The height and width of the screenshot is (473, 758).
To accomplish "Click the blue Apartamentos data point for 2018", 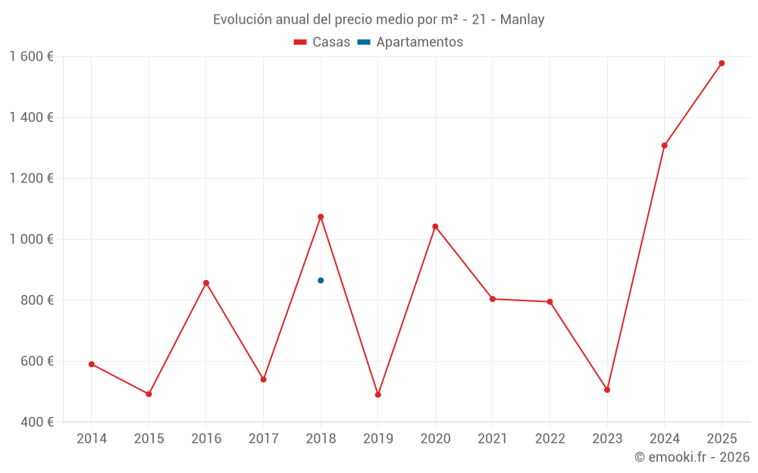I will pyautogui.click(x=321, y=281).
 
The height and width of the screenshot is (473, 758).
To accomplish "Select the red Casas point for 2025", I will pyautogui.click(x=722, y=64).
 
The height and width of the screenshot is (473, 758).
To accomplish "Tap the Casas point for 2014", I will pyautogui.click(x=92, y=364).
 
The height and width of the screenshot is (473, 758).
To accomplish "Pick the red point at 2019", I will pyautogui.click(x=377, y=395).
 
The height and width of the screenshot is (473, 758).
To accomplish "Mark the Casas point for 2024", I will pyautogui.click(x=665, y=145).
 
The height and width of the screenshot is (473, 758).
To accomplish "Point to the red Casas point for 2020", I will pyautogui.click(x=435, y=226).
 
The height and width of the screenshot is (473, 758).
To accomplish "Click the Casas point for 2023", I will pyautogui.click(x=607, y=390).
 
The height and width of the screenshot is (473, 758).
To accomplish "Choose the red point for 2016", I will pyautogui.click(x=206, y=283).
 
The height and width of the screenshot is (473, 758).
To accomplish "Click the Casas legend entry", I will pyautogui.click(x=322, y=42).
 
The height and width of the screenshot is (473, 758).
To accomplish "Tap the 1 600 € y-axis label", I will pyautogui.click(x=31, y=57).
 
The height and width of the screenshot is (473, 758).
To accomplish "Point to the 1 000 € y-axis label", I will pyautogui.click(x=31, y=239).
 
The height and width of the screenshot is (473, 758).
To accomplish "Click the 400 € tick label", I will pyautogui.click(x=36, y=422).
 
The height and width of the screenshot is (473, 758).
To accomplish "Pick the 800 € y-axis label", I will pyautogui.click(x=36, y=300).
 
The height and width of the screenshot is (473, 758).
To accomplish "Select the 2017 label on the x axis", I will pyautogui.click(x=263, y=439).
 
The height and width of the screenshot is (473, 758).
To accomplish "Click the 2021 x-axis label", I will pyautogui.click(x=493, y=439).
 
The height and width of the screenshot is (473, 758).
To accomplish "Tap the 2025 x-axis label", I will pyautogui.click(x=722, y=439).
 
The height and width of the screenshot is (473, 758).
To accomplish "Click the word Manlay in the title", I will pyautogui.click(x=522, y=20).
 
